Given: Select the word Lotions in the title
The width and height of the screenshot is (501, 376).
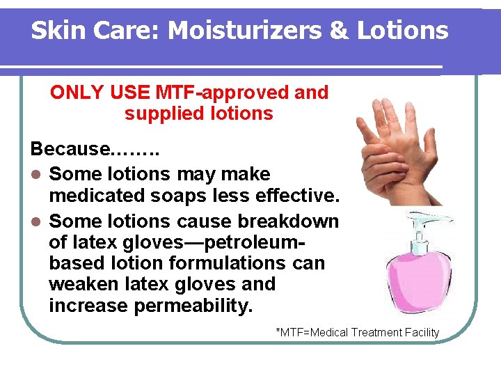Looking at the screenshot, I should point(404,31).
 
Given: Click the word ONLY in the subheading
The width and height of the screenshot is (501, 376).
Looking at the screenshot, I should point(72,93).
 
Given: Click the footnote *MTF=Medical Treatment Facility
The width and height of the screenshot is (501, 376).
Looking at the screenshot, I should point(358,332).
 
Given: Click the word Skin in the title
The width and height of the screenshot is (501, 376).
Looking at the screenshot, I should point(56,31).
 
